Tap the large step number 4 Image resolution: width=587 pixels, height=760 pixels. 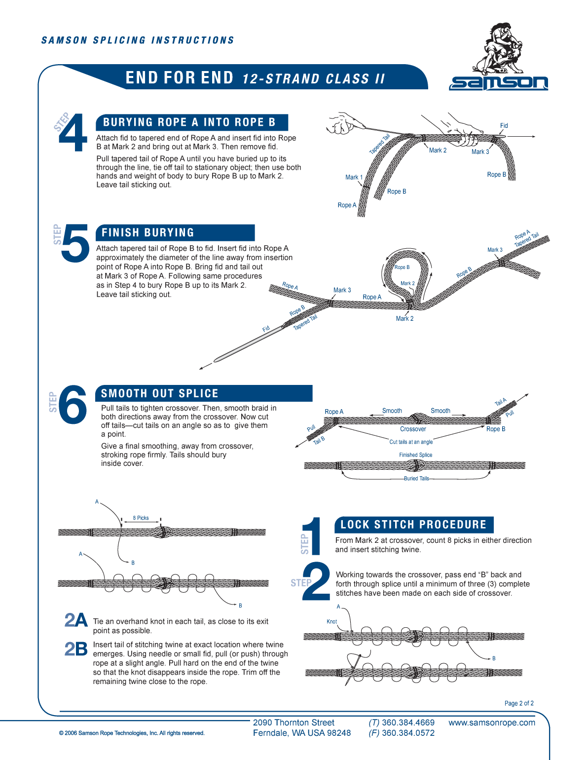[x=73, y=132]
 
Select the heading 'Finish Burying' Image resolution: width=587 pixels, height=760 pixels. [x=148, y=232]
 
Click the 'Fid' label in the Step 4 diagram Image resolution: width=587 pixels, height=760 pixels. [x=504, y=126]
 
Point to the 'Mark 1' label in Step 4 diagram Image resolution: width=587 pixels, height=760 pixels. [x=354, y=177]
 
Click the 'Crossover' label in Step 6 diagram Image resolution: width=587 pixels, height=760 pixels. [x=413, y=429]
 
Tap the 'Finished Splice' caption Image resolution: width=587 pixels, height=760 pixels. [x=415, y=455]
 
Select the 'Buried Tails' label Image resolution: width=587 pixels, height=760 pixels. [x=416, y=478]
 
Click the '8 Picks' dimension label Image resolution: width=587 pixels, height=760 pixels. [x=141, y=518]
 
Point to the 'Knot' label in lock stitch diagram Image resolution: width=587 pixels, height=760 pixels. [x=331, y=621]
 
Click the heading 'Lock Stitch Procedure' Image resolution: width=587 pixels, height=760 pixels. [x=413, y=525]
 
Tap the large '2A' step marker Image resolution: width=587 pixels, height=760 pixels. [x=75, y=620]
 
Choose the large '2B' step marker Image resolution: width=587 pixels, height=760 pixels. [x=75, y=649]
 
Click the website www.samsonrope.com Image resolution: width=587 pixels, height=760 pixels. [x=491, y=722]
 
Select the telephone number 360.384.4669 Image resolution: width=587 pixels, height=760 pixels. [x=408, y=722]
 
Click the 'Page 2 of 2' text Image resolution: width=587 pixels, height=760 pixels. [x=519, y=703]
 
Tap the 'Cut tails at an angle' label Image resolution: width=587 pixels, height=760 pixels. [x=411, y=442]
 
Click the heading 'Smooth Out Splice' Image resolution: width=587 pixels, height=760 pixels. [x=159, y=393]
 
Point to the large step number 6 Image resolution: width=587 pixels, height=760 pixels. [x=73, y=405]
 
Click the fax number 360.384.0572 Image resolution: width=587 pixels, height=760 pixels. [x=408, y=733]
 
